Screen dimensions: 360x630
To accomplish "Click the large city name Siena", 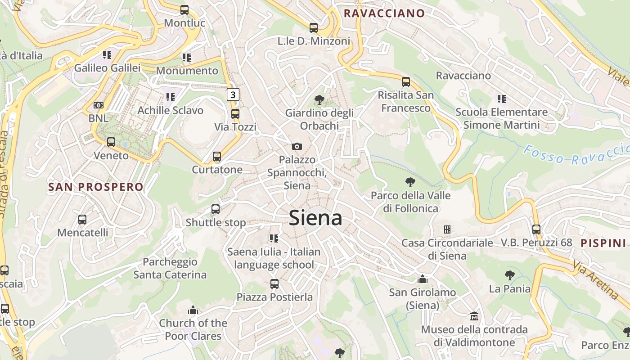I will [315, 218].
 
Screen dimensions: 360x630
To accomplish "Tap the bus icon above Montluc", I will [184, 9].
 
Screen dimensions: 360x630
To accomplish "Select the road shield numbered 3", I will [232, 94].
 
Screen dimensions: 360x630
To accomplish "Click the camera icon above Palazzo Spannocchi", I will [297, 146].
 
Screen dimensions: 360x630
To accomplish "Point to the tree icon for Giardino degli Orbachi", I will [319, 99].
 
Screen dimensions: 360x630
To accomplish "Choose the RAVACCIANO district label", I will [384, 13].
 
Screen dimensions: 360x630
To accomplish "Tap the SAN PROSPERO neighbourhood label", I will [95, 187].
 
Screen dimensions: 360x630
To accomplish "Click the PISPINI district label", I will [603, 243].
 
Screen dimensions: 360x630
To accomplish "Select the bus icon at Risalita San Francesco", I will [406, 82].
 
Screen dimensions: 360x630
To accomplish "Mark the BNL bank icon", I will [99, 105].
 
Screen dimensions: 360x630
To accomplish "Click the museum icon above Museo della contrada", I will [474, 316].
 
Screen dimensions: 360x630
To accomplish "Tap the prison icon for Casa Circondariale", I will [447, 229].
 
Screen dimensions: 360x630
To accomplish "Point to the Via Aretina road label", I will [596, 282].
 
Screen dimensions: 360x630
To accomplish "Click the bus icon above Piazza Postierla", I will [274, 284].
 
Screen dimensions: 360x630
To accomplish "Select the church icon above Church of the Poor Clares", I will [193, 310].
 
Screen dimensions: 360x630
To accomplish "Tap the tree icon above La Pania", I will [510, 275].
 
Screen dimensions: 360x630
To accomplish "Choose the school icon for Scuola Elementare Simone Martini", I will [502, 99].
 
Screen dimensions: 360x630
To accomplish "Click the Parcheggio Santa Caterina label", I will [170, 268].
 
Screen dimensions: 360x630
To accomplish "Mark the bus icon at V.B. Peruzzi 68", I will [536, 229].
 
